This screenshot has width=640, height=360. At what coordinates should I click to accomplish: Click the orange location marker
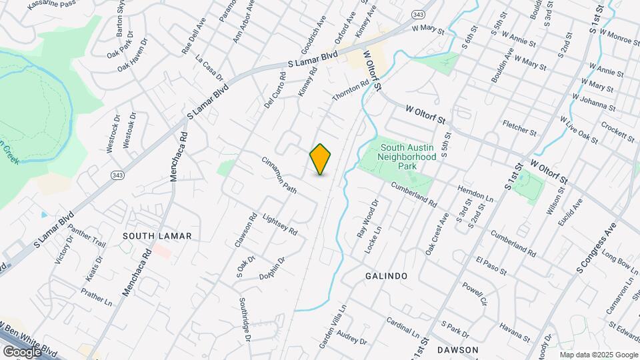321,159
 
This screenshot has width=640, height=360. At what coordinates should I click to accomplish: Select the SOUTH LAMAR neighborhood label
157,236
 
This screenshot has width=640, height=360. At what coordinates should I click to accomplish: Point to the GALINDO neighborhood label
386,275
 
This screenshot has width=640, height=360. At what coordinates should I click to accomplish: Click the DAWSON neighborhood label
458,350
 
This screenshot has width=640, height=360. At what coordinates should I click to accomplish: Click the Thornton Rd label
351,91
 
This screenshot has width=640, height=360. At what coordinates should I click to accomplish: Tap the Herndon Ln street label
475,194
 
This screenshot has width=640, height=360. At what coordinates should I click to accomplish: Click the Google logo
22,351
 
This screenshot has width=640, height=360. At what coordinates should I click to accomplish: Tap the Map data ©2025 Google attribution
599,355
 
